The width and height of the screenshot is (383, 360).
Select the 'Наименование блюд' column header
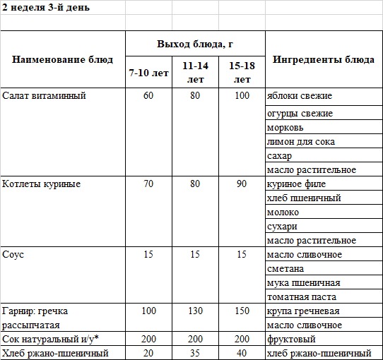click(x=62, y=59)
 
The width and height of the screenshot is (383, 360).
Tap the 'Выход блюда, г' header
click(x=195, y=44)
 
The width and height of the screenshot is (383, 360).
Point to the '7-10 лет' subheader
click(x=148, y=73)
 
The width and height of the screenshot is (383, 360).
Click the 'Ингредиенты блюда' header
click(x=324, y=59)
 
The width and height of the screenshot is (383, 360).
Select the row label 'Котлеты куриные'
click(x=42, y=184)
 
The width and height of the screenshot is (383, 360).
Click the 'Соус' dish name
click(x=13, y=254)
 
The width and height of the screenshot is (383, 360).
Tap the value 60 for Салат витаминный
click(x=148, y=95)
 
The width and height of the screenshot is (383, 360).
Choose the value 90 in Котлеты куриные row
click(x=242, y=184)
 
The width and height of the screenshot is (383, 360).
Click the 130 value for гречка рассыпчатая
click(x=195, y=311)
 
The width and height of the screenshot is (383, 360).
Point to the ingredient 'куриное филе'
click(x=295, y=184)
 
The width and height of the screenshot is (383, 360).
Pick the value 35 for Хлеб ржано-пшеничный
click(x=195, y=353)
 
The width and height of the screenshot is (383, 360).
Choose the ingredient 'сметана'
click(x=285, y=268)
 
